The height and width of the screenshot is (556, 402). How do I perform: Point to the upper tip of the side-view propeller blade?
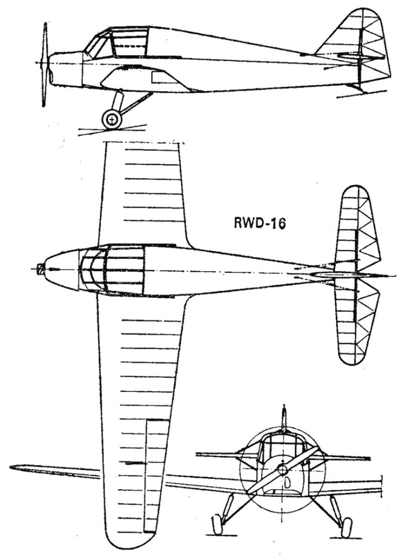click(45, 24)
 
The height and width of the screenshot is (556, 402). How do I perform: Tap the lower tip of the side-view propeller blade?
click(44, 105)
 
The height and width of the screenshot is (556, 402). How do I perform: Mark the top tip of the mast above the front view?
click(284, 405)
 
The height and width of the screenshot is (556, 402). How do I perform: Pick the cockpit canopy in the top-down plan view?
click(112, 270)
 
